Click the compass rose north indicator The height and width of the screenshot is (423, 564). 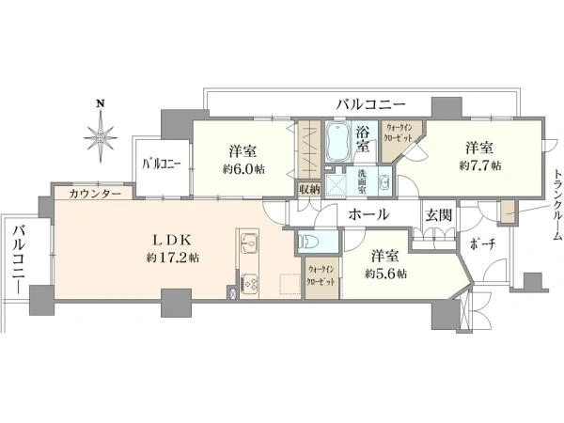point(101,133)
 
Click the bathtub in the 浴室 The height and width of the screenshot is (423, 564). point(338,142)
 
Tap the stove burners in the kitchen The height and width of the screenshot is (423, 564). point(249,282)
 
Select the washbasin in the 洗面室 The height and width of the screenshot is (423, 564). point(384,182)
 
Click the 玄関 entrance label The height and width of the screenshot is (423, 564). point(439,215)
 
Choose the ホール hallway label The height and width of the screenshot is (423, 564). point(368,214)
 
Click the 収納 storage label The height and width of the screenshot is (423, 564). point(309,189)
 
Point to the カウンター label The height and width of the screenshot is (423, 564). point(95,194)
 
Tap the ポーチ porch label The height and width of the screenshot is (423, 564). point(483,245)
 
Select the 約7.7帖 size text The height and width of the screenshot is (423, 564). point(480,165)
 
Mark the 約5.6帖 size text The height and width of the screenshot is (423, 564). point(386,274)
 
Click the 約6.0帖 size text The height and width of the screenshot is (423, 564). point(243,169)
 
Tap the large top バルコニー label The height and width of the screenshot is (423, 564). point(371,104)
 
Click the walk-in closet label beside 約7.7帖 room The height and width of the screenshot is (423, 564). point(399,133)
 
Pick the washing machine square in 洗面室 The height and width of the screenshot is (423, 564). point(336,186)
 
